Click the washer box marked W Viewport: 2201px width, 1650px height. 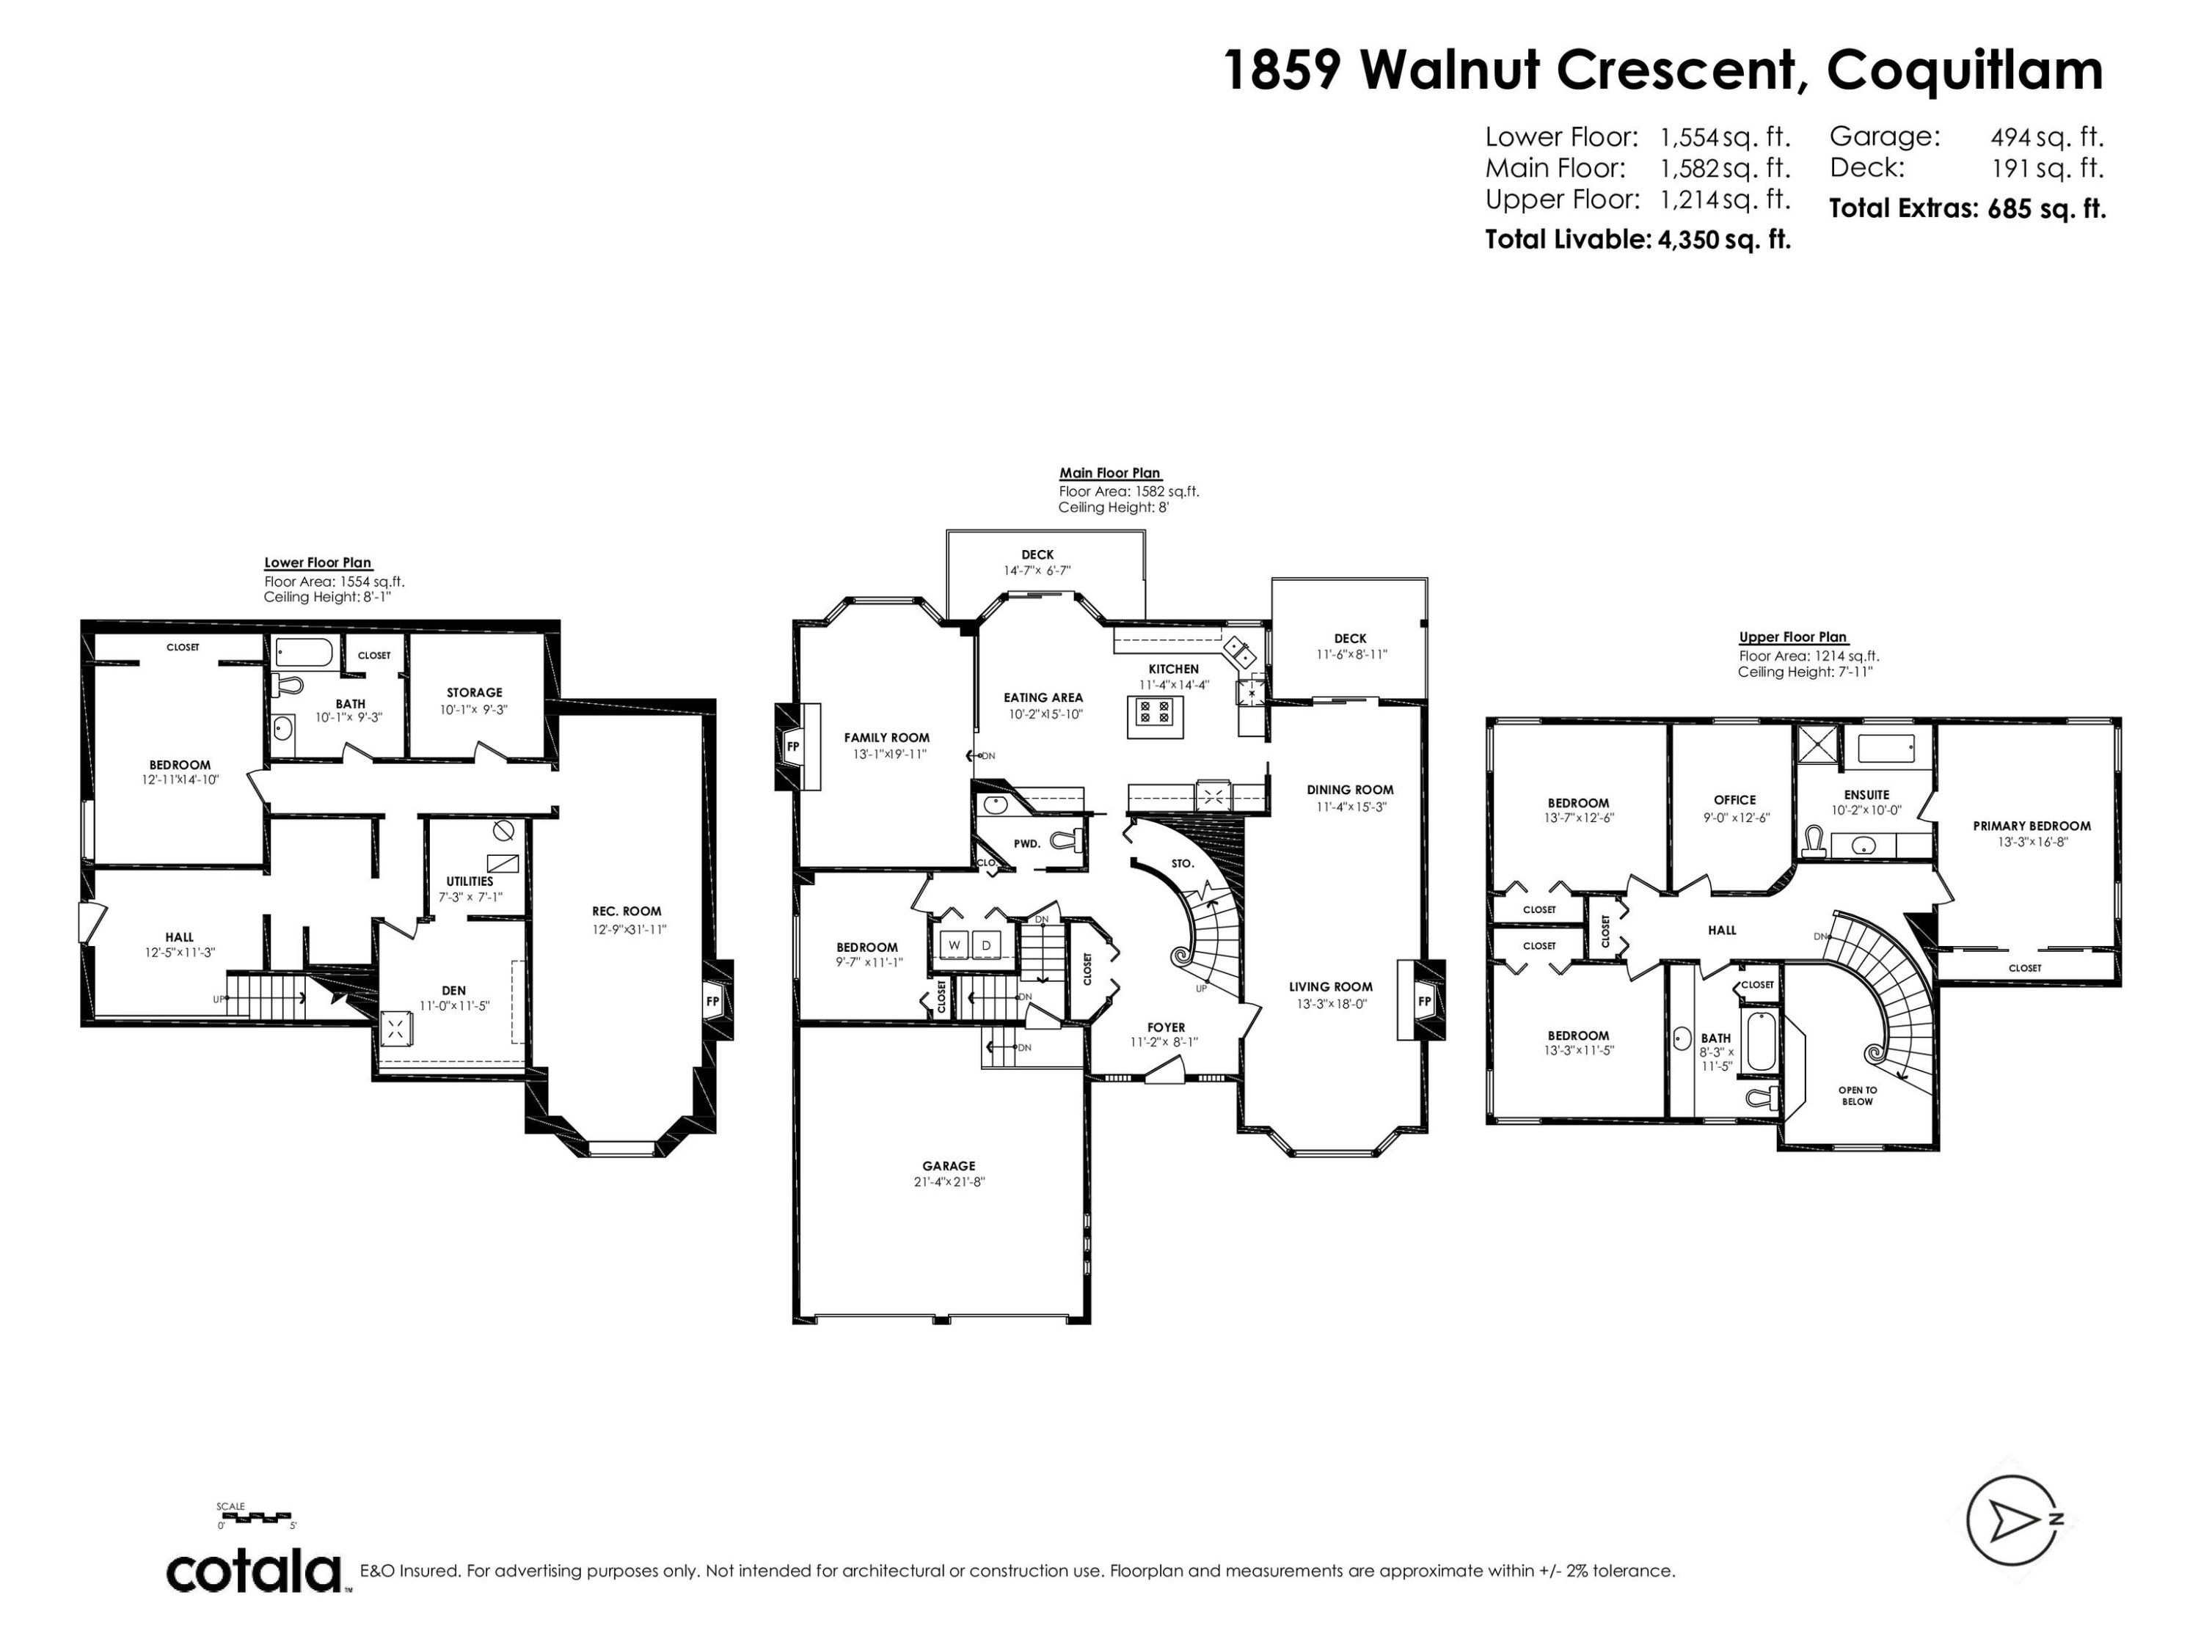[x=953, y=944]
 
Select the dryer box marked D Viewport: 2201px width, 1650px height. [x=986, y=944]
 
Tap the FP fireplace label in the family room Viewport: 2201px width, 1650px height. [x=793, y=746]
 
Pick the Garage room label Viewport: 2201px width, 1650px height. [x=948, y=1166]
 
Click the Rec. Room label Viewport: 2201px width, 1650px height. [x=627, y=911]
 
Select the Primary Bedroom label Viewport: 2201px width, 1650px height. [x=2031, y=826]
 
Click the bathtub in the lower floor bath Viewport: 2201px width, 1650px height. [x=304, y=653]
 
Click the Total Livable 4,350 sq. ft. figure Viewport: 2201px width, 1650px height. [x=1638, y=240]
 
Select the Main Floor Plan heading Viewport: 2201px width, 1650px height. [x=1109, y=474]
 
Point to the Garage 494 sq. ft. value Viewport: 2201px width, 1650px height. [x=2047, y=136]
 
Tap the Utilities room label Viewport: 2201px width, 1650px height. [x=470, y=881]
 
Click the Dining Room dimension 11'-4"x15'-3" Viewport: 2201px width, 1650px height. [x=1350, y=807]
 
